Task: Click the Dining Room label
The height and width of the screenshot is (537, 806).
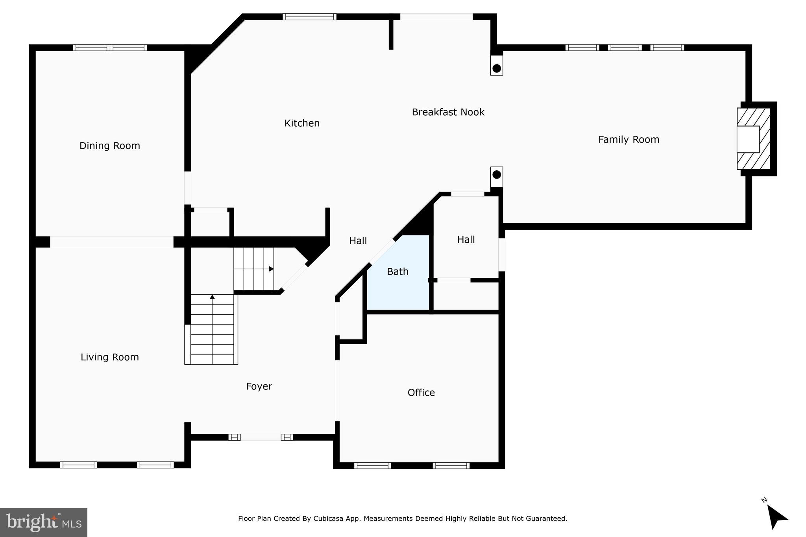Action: point(109,146)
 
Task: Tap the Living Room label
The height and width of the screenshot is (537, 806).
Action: point(109,357)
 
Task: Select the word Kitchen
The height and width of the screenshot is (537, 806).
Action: point(302,123)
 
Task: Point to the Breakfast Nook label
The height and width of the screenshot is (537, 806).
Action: point(448,112)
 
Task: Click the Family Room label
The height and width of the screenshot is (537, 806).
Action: point(629,140)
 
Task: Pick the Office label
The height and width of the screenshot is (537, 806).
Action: point(421,393)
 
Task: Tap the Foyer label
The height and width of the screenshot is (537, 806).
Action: point(259,386)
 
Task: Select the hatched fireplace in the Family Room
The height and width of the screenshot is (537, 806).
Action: point(753,139)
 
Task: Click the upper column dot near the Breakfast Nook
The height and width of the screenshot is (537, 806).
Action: point(497,68)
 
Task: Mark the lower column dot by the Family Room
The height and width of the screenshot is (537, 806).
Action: point(497,174)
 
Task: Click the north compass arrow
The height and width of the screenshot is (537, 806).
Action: point(776,517)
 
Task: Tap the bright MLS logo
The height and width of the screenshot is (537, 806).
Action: point(44,522)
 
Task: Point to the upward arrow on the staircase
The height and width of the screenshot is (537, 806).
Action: point(212,297)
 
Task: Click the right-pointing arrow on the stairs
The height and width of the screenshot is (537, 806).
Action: point(271,269)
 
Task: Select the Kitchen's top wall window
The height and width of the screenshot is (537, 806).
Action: point(309,17)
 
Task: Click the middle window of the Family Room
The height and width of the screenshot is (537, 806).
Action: point(625,48)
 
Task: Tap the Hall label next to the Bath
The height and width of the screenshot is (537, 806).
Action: point(466,240)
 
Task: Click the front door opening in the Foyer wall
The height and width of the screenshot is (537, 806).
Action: point(261,437)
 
